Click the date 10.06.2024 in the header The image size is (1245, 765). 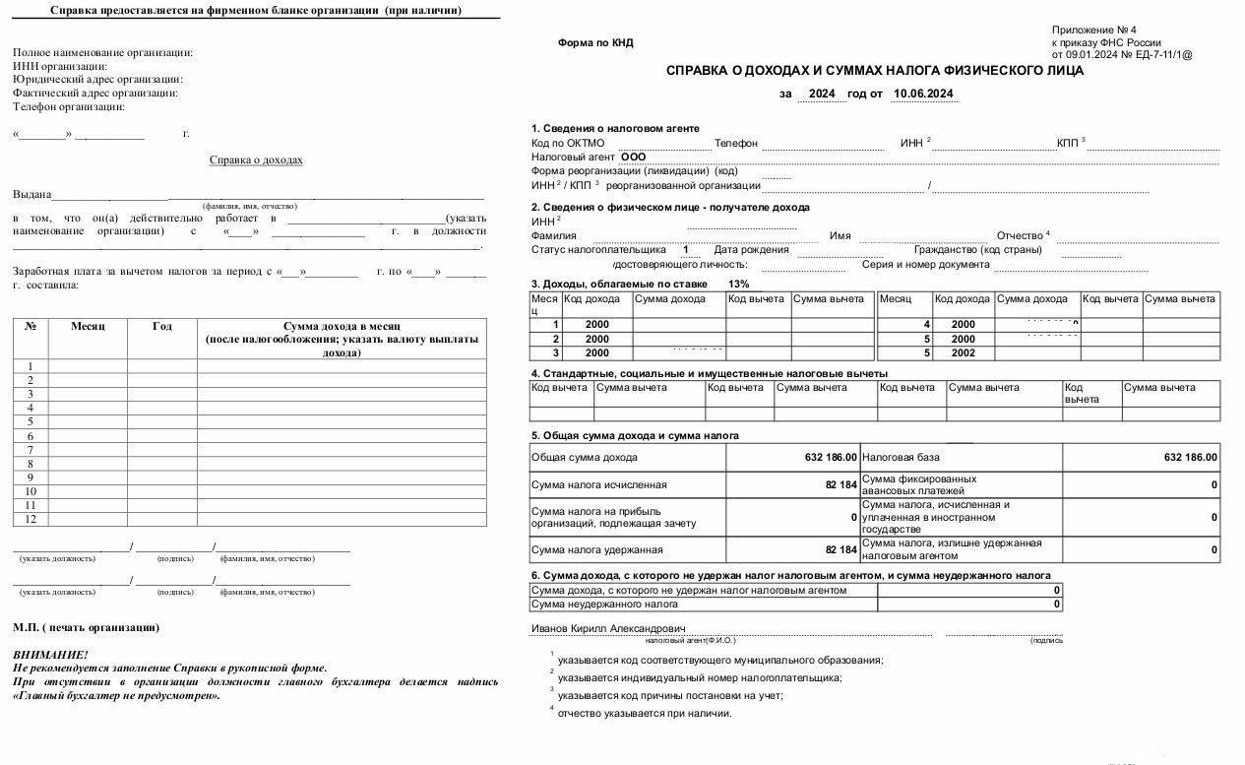pos(922,95)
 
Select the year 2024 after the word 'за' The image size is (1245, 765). pos(822,95)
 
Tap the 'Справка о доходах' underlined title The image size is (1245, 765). pos(256,160)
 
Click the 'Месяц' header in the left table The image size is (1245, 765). pos(88,326)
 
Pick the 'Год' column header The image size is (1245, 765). pos(162,326)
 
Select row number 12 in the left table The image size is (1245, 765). pos(31,519)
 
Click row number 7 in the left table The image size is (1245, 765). pos(31,450)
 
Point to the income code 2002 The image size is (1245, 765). pos(963,353)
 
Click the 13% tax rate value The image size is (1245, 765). pos(738,284)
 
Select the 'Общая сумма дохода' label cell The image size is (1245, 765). pos(584,458)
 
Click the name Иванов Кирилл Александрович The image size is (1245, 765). pos(608,628)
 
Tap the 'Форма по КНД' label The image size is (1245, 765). pos(595,43)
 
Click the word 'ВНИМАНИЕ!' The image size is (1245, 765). pos(50,655)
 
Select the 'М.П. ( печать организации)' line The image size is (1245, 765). pos(86,628)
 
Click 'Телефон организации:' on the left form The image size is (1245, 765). pos(69,106)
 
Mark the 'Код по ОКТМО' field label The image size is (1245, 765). pos(568,144)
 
